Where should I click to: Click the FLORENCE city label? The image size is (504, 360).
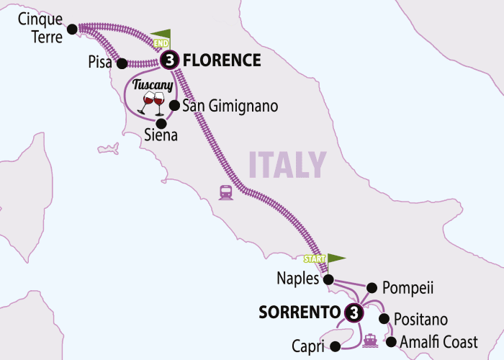click(221, 60)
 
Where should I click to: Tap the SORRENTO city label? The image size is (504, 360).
click(299, 312)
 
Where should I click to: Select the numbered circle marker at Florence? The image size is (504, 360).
click(169, 61)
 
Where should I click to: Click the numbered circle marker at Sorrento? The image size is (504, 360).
click(354, 312)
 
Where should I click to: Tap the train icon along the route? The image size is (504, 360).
click(225, 192)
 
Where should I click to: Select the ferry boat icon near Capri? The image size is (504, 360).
click(371, 340)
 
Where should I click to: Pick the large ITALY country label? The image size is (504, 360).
click(287, 165)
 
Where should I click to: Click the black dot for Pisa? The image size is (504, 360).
click(122, 63)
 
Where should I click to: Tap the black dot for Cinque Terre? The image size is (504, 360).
click(72, 30)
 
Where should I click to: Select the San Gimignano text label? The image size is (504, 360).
click(230, 107)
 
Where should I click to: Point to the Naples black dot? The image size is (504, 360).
click(328, 279)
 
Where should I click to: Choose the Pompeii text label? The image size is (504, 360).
click(409, 288)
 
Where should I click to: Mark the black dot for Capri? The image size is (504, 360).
click(335, 346)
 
